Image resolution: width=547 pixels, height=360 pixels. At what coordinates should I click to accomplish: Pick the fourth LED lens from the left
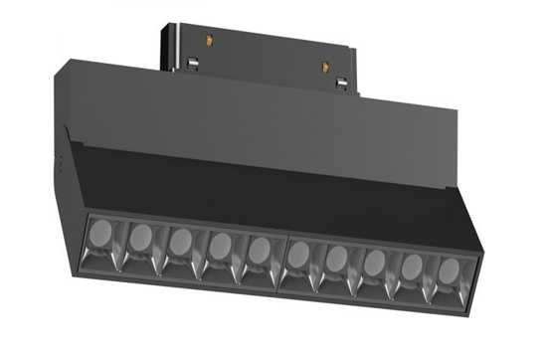(220, 245)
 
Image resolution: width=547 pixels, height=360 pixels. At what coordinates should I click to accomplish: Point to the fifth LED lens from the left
(259, 249)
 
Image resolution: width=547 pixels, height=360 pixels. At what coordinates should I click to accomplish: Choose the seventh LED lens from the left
(336, 258)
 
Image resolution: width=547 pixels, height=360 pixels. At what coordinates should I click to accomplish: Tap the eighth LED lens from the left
(374, 262)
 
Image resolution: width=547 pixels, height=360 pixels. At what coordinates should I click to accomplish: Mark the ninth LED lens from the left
(411, 266)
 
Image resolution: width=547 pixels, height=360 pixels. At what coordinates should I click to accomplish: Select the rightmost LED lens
(448, 270)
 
